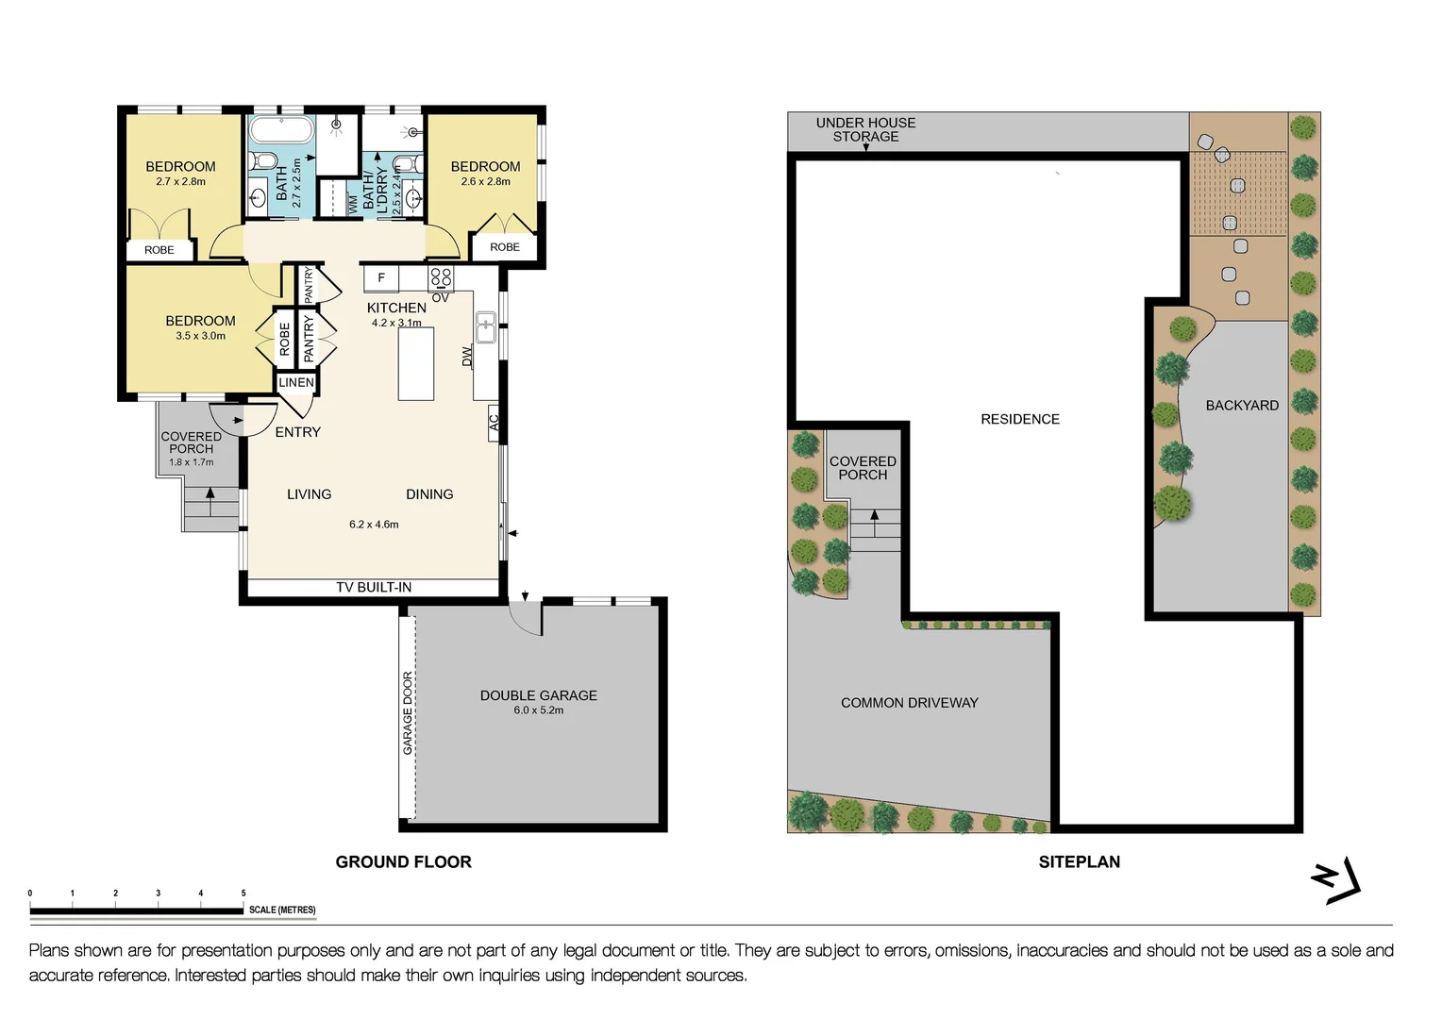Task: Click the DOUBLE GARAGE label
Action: pyautogui.click(x=538, y=695)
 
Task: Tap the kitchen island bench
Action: pyautogui.click(x=416, y=363)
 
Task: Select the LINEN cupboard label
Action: pyautogui.click(x=296, y=382)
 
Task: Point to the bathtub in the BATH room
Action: pyautogui.click(x=280, y=129)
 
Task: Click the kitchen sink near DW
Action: pyautogui.click(x=486, y=327)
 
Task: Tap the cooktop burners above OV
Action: pyautogui.click(x=441, y=277)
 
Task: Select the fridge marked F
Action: pyautogui.click(x=381, y=277)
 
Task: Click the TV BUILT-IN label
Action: pyautogui.click(x=374, y=587)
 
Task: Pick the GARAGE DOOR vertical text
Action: pyautogui.click(x=408, y=712)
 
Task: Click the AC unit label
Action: pyautogui.click(x=494, y=423)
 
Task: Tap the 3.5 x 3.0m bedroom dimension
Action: pyautogui.click(x=200, y=336)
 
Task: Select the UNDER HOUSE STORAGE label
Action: pyautogui.click(x=865, y=129)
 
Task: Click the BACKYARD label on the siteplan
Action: pyautogui.click(x=1242, y=405)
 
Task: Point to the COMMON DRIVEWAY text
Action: pyautogui.click(x=909, y=703)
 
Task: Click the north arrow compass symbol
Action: pyautogui.click(x=1336, y=880)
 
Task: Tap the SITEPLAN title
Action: pyautogui.click(x=1079, y=861)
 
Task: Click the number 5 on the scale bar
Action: pyautogui.click(x=243, y=893)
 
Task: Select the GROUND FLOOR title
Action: pyautogui.click(x=403, y=861)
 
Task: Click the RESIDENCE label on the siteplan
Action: pyautogui.click(x=1019, y=419)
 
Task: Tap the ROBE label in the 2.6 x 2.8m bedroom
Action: pyautogui.click(x=505, y=247)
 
